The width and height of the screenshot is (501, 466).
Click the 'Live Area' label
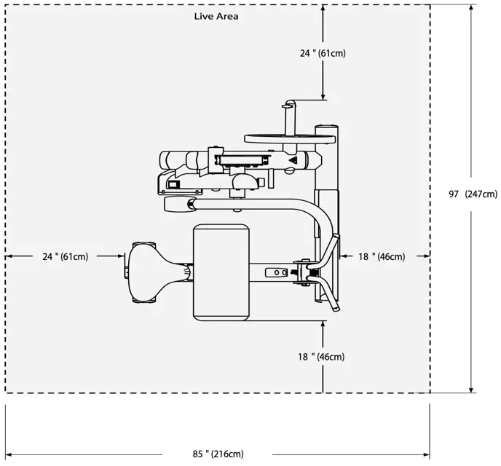coord(216,16)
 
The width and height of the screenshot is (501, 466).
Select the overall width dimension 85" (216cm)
coord(218,454)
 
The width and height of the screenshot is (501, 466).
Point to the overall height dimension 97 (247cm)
coord(473,194)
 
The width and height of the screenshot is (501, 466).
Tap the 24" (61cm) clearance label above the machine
coord(323,53)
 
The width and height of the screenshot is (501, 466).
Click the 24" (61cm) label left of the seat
coord(66,256)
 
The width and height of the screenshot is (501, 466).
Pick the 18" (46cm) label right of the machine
coord(382,256)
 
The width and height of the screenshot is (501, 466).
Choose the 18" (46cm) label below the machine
coord(321,357)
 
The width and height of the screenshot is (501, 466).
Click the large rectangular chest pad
coord(221,272)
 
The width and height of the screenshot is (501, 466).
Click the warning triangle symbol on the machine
coord(292,160)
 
